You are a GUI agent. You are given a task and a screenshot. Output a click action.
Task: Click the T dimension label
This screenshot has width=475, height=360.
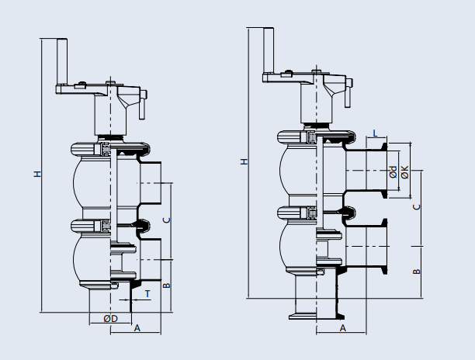point(147,293)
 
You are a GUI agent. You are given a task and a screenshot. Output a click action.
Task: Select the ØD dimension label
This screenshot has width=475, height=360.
point(110,318)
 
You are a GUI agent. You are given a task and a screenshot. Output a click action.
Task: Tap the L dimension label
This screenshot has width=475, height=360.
point(376,133)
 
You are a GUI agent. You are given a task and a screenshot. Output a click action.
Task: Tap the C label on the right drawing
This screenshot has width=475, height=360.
point(416,206)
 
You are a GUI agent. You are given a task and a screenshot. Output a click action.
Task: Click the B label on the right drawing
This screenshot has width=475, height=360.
point(416,272)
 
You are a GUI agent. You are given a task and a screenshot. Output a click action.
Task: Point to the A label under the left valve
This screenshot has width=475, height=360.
point(137,328)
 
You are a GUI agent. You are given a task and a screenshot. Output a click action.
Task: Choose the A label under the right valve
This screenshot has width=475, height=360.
point(342,328)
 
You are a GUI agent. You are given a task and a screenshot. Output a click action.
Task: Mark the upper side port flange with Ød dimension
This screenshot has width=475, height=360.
point(383,171)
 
